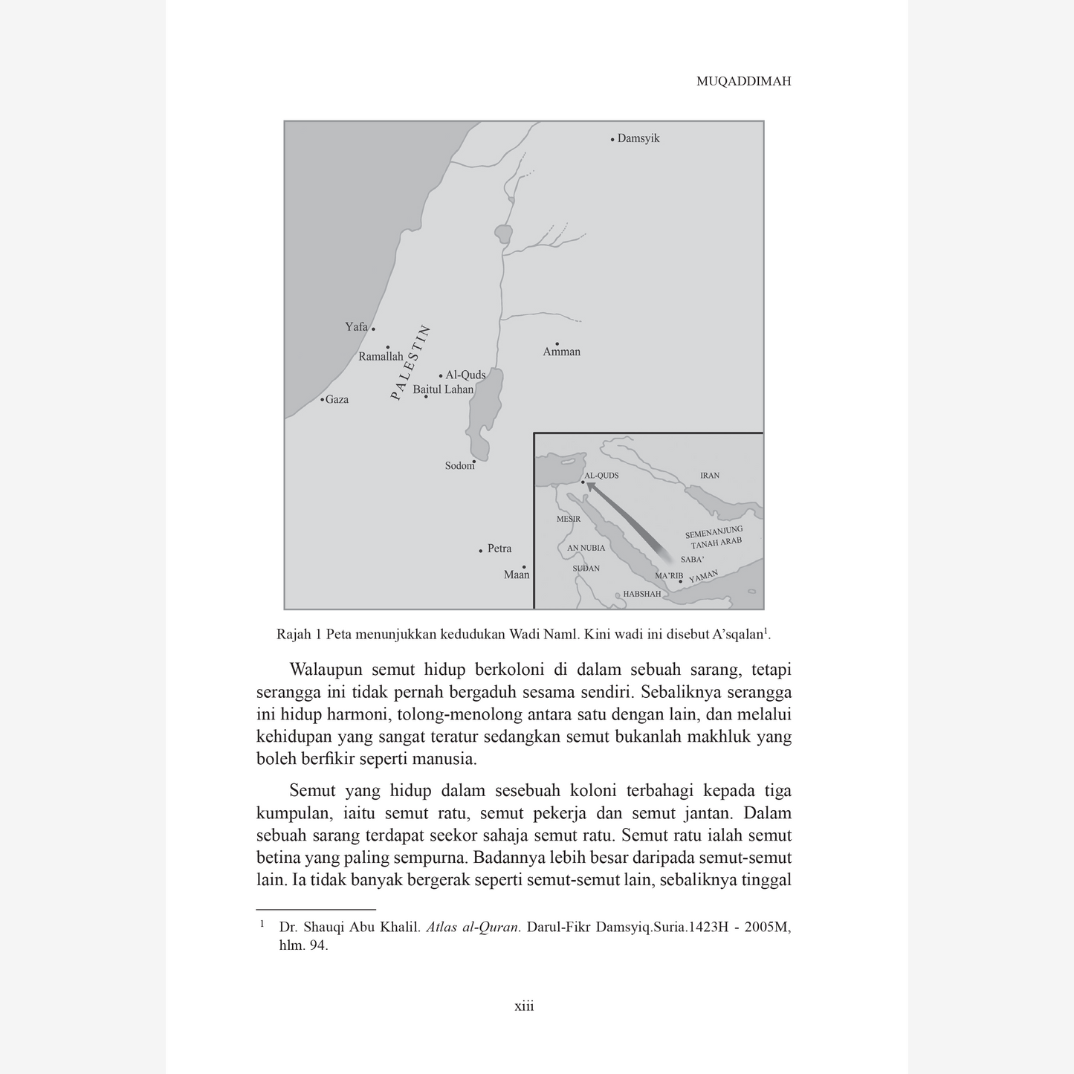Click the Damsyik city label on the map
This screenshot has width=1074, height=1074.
tap(638, 139)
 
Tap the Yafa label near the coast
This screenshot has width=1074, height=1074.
tap(356, 327)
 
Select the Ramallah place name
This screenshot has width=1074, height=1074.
tap(381, 357)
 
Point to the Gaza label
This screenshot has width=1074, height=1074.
tap(337, 400)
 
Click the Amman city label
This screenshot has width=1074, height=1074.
tap(561, 352)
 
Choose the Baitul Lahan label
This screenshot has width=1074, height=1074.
tap(443, 389)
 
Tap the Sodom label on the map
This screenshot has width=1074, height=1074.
tap(459, 466)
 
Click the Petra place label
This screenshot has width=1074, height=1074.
tap(499, 549)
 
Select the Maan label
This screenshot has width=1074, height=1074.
tap(517, 575)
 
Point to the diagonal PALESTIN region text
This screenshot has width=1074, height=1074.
tap(411, 363)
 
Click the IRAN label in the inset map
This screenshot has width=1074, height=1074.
tap(710, 476)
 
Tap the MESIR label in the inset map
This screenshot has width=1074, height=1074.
tap(569, 519)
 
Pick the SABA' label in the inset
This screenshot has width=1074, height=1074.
tap(692, 560)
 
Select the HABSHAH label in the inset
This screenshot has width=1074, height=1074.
tap(641, 594)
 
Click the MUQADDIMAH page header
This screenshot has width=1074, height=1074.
tap(743, 82)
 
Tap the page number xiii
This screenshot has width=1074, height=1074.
tap(524, 1006)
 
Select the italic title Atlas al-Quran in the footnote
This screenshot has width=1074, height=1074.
tap(473, 928)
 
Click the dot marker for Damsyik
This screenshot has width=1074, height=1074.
tap(612, 139)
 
